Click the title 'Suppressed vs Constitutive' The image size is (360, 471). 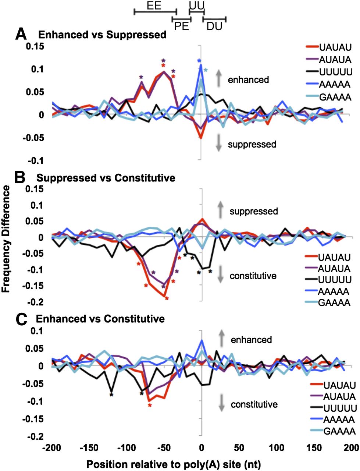pyautogui.click(x=106, y=178)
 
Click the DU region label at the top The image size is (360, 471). pyautogui.click(x=214, y=26)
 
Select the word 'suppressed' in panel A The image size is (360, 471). pyautogui.click(x=252, y=144)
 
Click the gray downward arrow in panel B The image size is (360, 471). pyautogui.click(x=220, y=275)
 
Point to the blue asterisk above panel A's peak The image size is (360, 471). pyautogui.click(x=199, y=61)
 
